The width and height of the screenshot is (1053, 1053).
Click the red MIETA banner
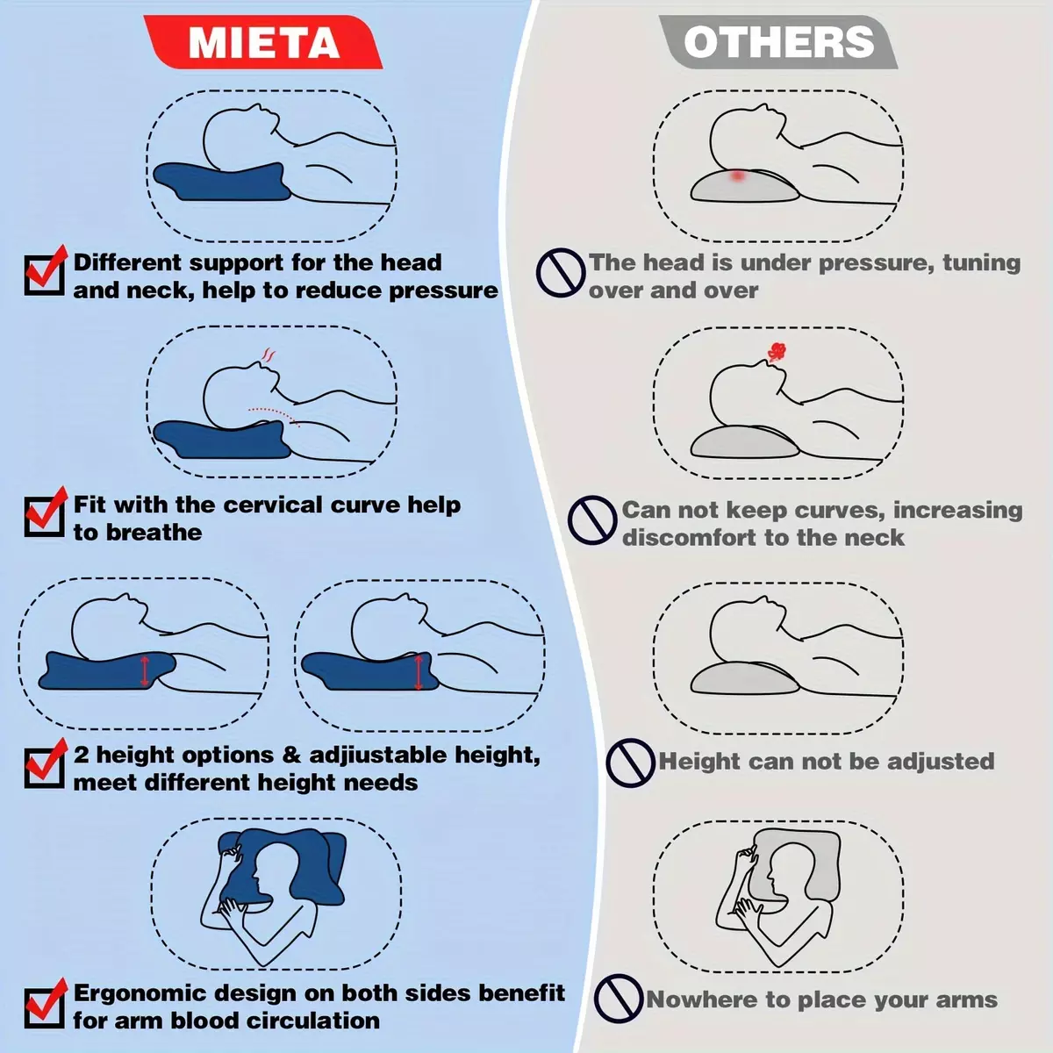pos(263,42)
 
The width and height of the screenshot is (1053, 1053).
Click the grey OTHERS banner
pos(778,42)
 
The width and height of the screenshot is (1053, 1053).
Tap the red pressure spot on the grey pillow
pos(738,176)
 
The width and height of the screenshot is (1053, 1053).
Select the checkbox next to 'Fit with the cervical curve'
pos(45,516)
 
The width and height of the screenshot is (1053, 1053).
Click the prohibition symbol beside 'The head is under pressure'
pos(561,272)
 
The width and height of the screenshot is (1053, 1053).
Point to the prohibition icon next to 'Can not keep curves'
pos(592,520)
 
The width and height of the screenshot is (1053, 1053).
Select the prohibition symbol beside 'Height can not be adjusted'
pos(631,763)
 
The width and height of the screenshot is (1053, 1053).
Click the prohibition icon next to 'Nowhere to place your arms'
pos(619,999)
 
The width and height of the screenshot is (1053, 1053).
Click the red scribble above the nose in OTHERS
pos(777,352)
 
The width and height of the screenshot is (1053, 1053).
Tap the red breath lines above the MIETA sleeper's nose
pos(269,355)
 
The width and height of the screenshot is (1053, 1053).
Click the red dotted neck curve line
pos(274,416)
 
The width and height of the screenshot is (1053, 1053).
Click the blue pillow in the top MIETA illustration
pos(221,182)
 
